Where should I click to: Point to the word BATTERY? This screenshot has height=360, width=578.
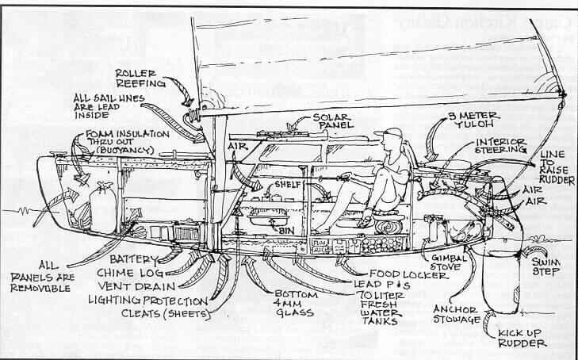(x=131, y=259)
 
